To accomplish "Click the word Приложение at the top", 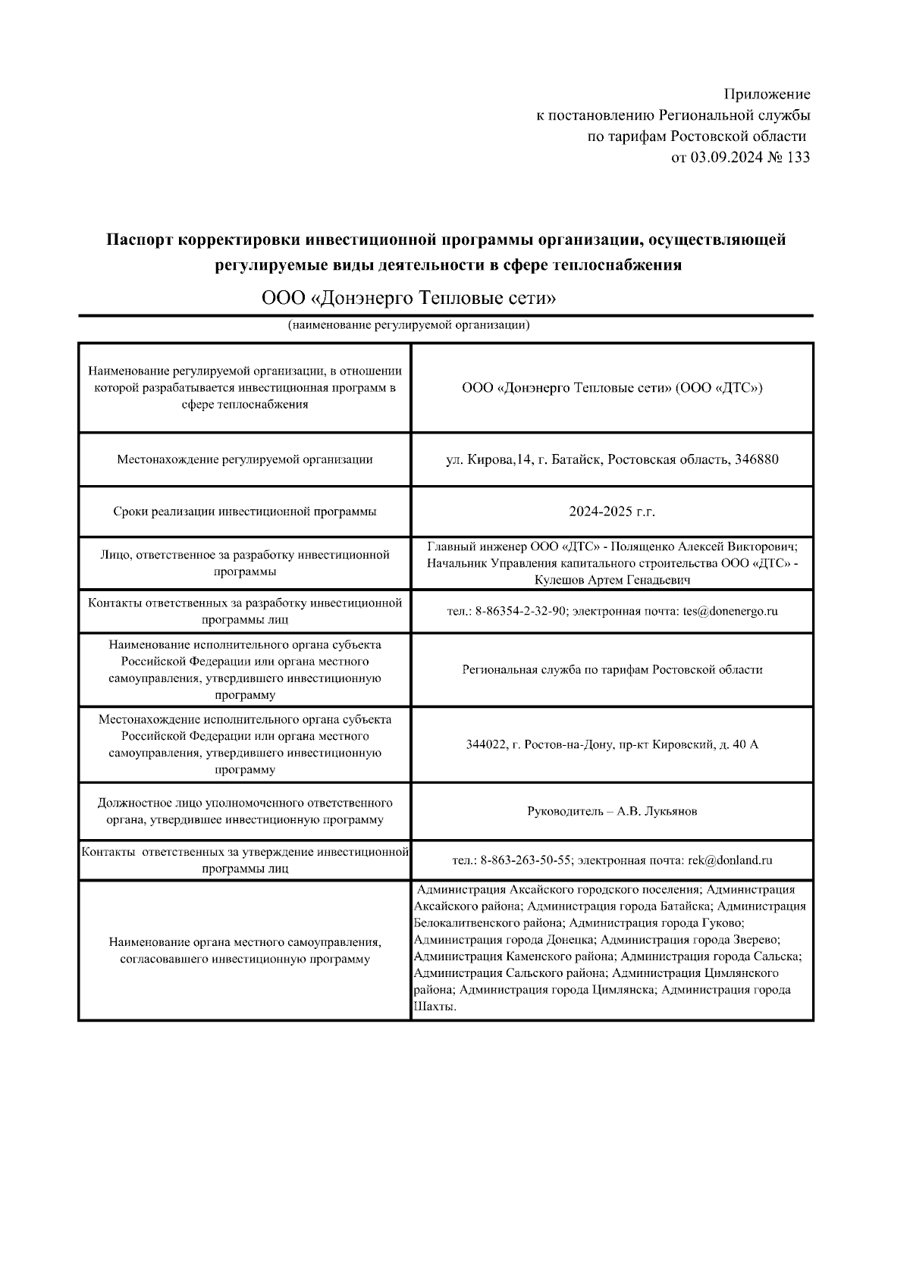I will click(767, 95).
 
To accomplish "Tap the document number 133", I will click(798, 158).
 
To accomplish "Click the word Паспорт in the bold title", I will click(139, 240).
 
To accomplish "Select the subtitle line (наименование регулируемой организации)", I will click(408, 326).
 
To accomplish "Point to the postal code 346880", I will click(757, 459).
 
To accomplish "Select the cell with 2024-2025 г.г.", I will click(612, 512).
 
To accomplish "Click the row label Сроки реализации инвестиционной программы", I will click(245, 512).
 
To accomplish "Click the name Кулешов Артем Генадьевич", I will click(612, 580).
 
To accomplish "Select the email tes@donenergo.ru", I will click(730, 612).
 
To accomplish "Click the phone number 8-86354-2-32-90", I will click(521, 612).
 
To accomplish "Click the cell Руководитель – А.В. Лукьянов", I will click(612, 812).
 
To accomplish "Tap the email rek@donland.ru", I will click(730, 860).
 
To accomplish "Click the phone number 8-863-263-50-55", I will click(523, 860).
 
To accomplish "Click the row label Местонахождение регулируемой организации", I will click(245, 459).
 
